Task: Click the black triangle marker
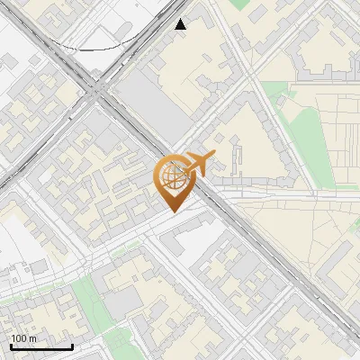pyautogui.click(x=181, y=24)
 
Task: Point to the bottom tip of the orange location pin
pyautogui.click(x=173, y=213)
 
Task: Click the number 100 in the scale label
pyautogui.click(x=18, y=338)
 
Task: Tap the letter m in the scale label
pyautogui.click(x=31, y=338)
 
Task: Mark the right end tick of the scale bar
pyautogui.click(x=72, y=346)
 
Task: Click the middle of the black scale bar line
pyautogui.click(x=40, y=346)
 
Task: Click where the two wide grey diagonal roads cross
pyautogui.click(x=96, y=89)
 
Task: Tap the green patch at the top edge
pyautogui.click(x=238, y=4)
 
